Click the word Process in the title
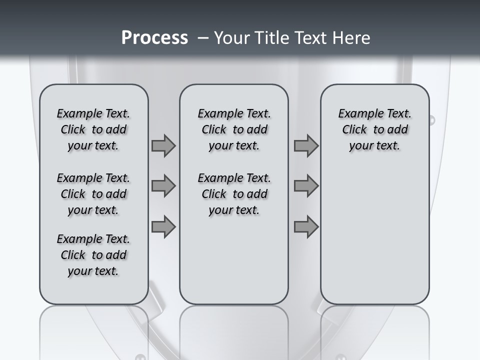(x=154, y=38)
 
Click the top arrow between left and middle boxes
(x=163, y=146)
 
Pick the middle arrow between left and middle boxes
(x=163, y=186)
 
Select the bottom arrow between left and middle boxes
(x=163, y=227)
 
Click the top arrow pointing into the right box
(x=306, y=146)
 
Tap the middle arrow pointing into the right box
(x=306, y=186)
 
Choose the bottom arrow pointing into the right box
(x=306, y=227)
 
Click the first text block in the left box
(x=93, y=129)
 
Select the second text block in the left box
(x=93, y=194)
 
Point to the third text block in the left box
(x=93, y=255)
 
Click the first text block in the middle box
(x=234, y=129)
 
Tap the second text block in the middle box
(x=234, y=194)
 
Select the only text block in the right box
(x=375, y=129)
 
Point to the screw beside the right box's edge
(x=431, y=120)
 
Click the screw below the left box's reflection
(x=140, y=357)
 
